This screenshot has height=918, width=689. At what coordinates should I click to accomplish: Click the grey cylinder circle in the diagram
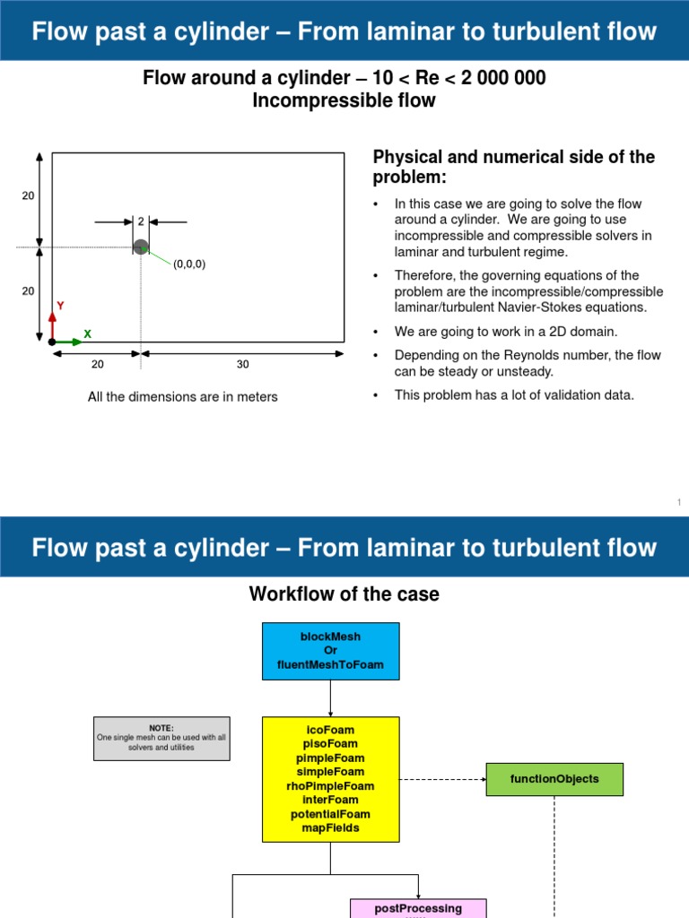[140, 247]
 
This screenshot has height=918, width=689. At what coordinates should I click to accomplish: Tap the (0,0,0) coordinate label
[189, 264]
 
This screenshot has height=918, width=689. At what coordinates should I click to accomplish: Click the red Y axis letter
[60, 306]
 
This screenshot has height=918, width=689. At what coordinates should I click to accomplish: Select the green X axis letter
[87, 333]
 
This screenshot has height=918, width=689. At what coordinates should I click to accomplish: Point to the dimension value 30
[242, 364]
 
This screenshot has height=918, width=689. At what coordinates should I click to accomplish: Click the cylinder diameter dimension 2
[141, 221]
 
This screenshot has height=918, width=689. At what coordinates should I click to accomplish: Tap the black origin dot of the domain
[52, 342]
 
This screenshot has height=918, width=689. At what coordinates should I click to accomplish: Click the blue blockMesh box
[330, 651]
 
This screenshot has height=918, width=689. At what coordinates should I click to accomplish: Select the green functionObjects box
[554, 779]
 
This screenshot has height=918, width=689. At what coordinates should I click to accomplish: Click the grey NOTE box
[161, 738]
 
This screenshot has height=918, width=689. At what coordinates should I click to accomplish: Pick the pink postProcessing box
[418, 908]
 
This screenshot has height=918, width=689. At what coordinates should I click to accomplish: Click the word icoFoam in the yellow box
[330, 730]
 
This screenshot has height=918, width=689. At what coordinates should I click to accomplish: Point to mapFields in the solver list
[330, 827]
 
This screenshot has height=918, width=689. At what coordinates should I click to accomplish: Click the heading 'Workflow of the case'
[344, 593]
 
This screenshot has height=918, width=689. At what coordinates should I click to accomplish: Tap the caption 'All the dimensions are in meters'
[183, 396]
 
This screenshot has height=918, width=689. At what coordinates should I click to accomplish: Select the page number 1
[679, 504]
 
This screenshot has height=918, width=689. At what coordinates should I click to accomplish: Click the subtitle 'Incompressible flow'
[344, 100]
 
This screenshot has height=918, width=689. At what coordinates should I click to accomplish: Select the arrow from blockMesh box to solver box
[330, 697]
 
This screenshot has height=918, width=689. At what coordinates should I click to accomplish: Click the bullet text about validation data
[514, 394]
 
